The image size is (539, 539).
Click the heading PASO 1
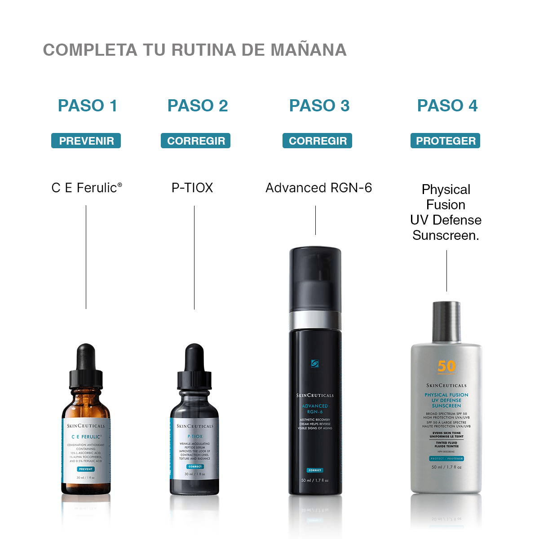[88, 106]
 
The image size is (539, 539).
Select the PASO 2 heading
[198, 106]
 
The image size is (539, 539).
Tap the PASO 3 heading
[319, 106]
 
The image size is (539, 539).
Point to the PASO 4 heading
[447, 106]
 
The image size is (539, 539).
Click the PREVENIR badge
[86, 141]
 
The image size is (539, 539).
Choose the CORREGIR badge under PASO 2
[196, 141]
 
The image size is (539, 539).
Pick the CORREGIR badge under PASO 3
[318, 141]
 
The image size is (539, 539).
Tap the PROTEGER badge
[446, 141]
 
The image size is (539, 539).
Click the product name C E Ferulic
[87, 188]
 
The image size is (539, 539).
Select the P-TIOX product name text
[192, 188]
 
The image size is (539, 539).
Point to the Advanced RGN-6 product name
[318, 188]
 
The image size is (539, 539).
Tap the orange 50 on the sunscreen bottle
[446, 367]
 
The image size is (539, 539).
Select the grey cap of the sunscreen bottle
[446, 321]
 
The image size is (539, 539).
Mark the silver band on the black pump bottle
[315, 320]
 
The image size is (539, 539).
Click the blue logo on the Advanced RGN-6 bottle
[315, 363]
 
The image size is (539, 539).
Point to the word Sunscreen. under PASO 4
[446, 235]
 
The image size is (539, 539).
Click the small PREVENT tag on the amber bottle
[86, 469]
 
